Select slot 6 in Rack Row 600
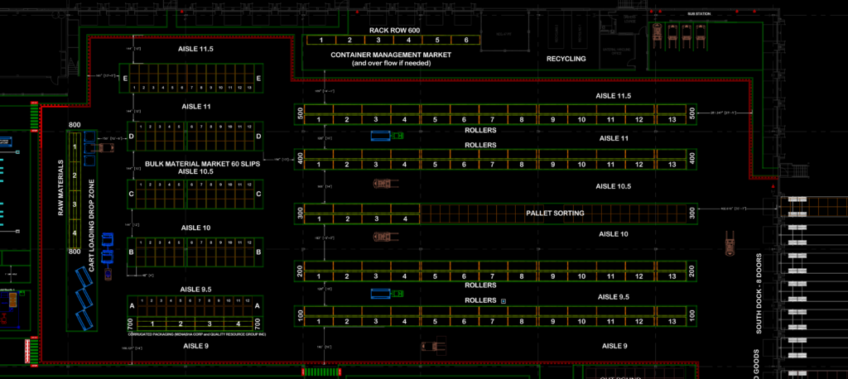coord(466,40)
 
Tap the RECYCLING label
coord(566,60)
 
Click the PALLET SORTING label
coord(555,213)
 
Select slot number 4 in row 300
coord(405,219)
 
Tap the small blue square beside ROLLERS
coord(503,300)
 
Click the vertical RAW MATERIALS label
coord(60,188)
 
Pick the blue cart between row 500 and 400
coord(381,136)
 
